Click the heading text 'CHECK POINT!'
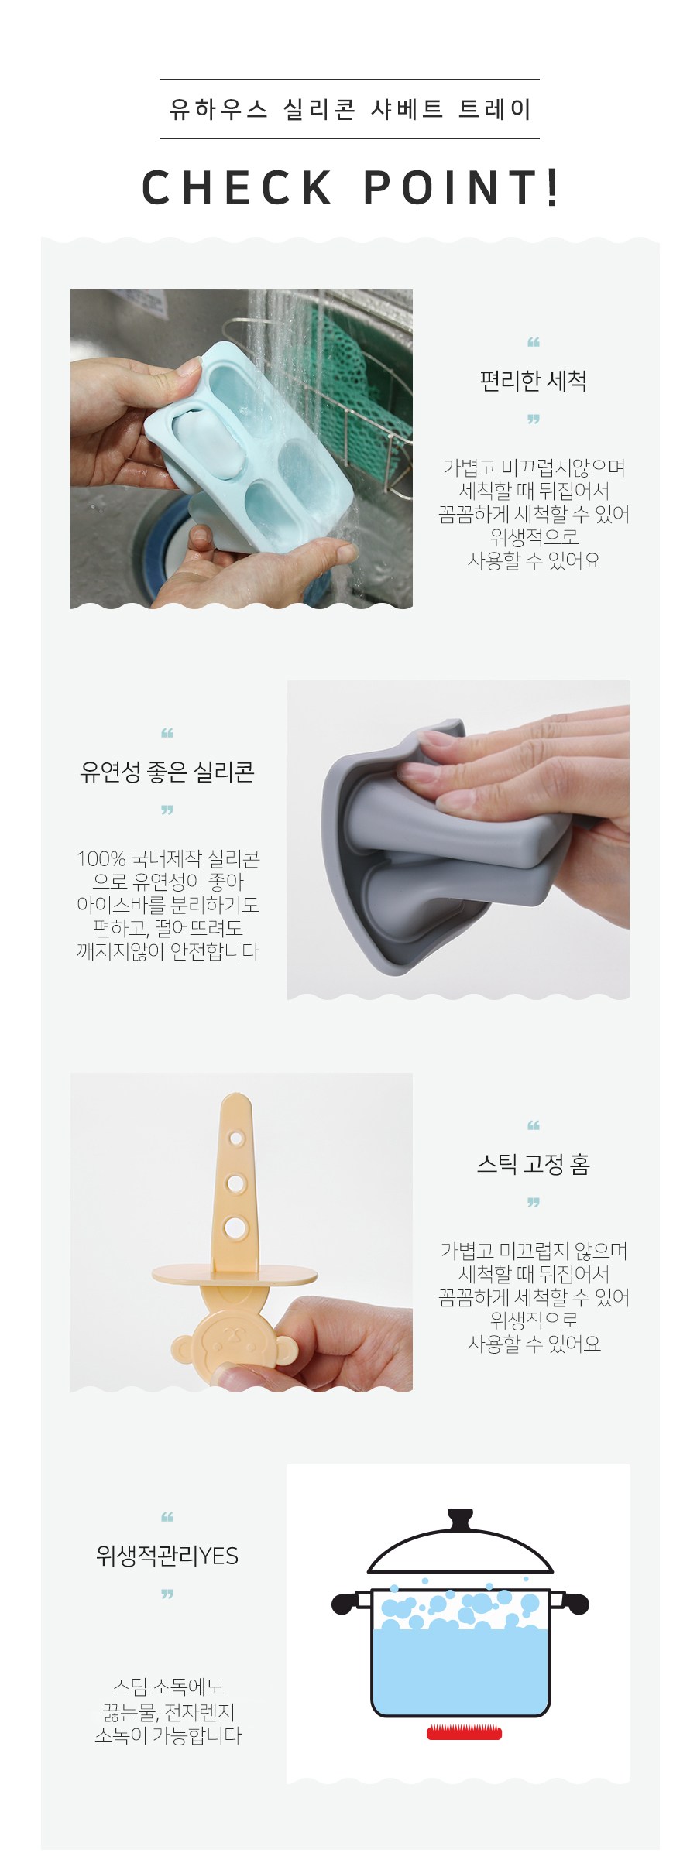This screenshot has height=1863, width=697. click(350, 187)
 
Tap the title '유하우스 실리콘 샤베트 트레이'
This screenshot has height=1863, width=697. click(350, 109)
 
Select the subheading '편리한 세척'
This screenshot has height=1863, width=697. click(533, 381)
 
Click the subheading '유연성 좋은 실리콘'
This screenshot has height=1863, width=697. click(167, 772)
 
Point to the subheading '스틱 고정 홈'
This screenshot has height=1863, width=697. click(533, 1164)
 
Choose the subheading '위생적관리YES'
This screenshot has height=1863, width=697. click(167, 1555)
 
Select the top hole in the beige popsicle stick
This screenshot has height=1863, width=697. click(236, 1139)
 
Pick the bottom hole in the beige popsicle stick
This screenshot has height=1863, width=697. click(235, 1226)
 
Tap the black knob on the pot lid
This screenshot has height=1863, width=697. click(460, 1519)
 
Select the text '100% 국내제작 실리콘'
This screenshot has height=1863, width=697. click(168, 858)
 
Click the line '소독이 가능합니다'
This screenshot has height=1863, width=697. click(168, 1735)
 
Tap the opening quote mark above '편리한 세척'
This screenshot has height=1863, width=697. click(533, 342)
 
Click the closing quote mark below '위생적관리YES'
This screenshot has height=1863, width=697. click(167, 1594)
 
